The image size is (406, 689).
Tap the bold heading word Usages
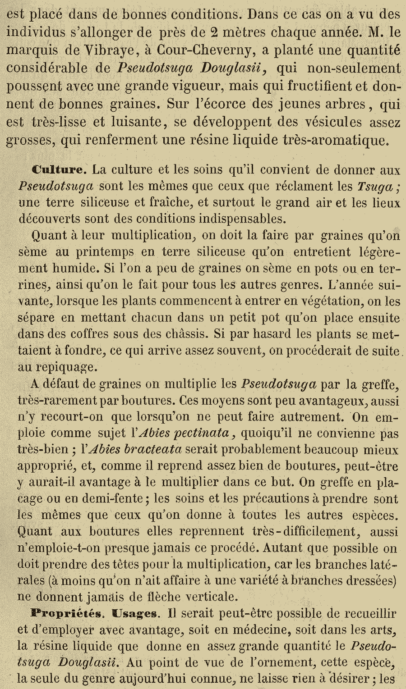134,613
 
